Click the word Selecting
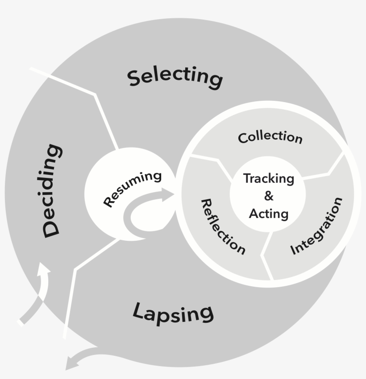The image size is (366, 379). point(175,77)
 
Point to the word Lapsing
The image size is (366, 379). point(173,312)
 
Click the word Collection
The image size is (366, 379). point(270,137)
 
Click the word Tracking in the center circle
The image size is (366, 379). point(269,179)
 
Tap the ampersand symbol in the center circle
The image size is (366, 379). point(268,196)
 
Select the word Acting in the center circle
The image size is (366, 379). point(269,214)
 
